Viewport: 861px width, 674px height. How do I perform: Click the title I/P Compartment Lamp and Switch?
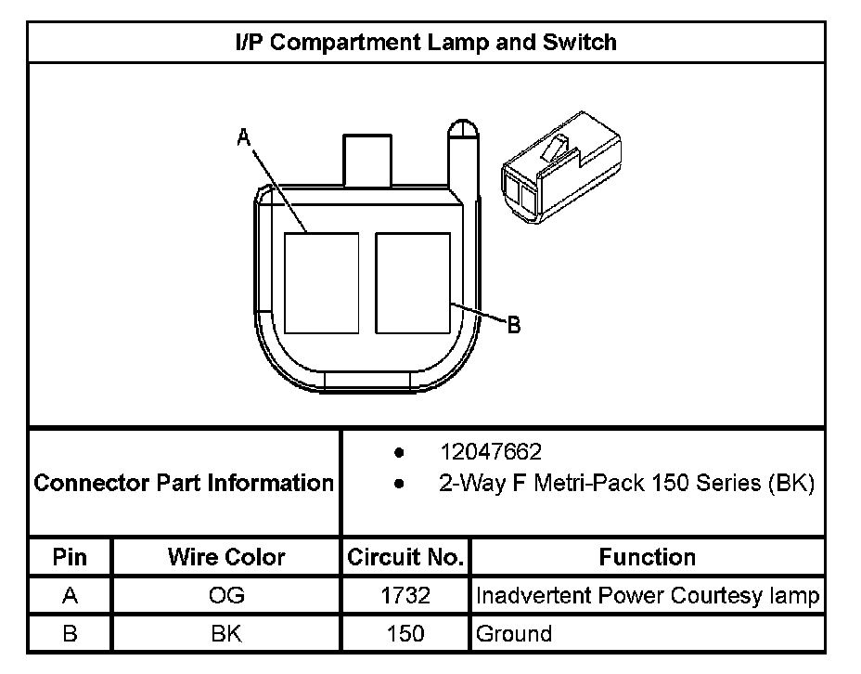tap(426, 42)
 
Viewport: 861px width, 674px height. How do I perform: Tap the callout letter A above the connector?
tap(243, 137)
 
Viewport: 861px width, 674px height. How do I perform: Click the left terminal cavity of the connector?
tap(321, 283)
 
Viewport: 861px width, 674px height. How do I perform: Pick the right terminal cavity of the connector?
tap(413, 283)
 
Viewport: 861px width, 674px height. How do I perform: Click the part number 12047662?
tap(491, 452)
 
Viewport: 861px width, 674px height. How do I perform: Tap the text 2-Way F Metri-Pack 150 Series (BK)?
tap(626, 484)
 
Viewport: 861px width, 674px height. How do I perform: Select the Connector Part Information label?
tap(184, 483)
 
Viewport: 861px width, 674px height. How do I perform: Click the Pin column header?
tap(71, 557)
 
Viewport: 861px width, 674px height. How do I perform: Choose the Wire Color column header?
tap(226, 557)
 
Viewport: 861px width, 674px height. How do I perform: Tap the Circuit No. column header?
tap(405, 557)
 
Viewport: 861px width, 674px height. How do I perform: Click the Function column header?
tap(647, 557)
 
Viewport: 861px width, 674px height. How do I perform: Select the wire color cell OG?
tap(226, 595)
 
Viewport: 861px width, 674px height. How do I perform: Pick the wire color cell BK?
tap(226, 634)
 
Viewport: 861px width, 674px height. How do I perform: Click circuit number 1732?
tap(405, 595)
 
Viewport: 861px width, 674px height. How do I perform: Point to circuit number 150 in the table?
tap(405, 634)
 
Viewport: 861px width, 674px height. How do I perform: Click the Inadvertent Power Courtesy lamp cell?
tap(647, 595)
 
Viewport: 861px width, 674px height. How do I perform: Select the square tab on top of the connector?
tap(368, 160)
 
